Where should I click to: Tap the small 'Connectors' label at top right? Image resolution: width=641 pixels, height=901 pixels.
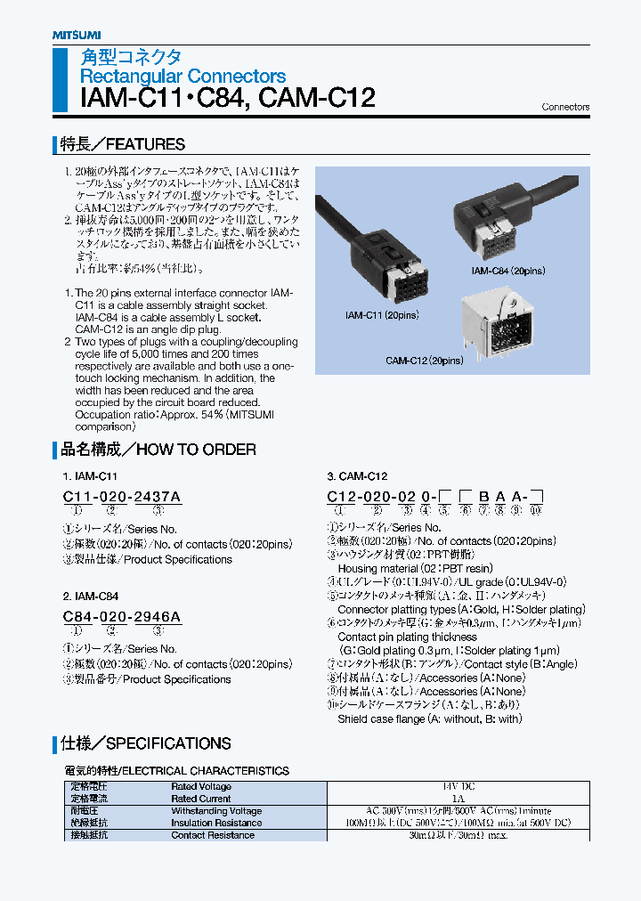(565, 107)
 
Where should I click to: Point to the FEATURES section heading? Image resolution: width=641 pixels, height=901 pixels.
(122, 144)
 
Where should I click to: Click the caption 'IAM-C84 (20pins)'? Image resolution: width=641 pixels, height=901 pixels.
(507, 270)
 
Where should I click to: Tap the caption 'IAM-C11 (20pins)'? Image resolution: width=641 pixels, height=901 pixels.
(382, 315)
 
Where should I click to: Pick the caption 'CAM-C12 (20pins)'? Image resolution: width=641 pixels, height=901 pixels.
(424, 361)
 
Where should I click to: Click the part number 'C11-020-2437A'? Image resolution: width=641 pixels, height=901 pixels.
(122, 496)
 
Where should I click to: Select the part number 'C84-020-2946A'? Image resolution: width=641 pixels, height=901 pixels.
(122, 616)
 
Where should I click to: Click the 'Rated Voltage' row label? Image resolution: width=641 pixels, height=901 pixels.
(201, 787)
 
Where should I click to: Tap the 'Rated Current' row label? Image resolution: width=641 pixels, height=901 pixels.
(200, 799)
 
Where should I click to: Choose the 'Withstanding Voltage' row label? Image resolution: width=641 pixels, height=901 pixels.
(216, 811)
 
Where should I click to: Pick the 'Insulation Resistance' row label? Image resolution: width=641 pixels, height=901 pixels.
(216, 824)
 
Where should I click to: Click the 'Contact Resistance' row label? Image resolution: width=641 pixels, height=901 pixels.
(212, 835)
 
